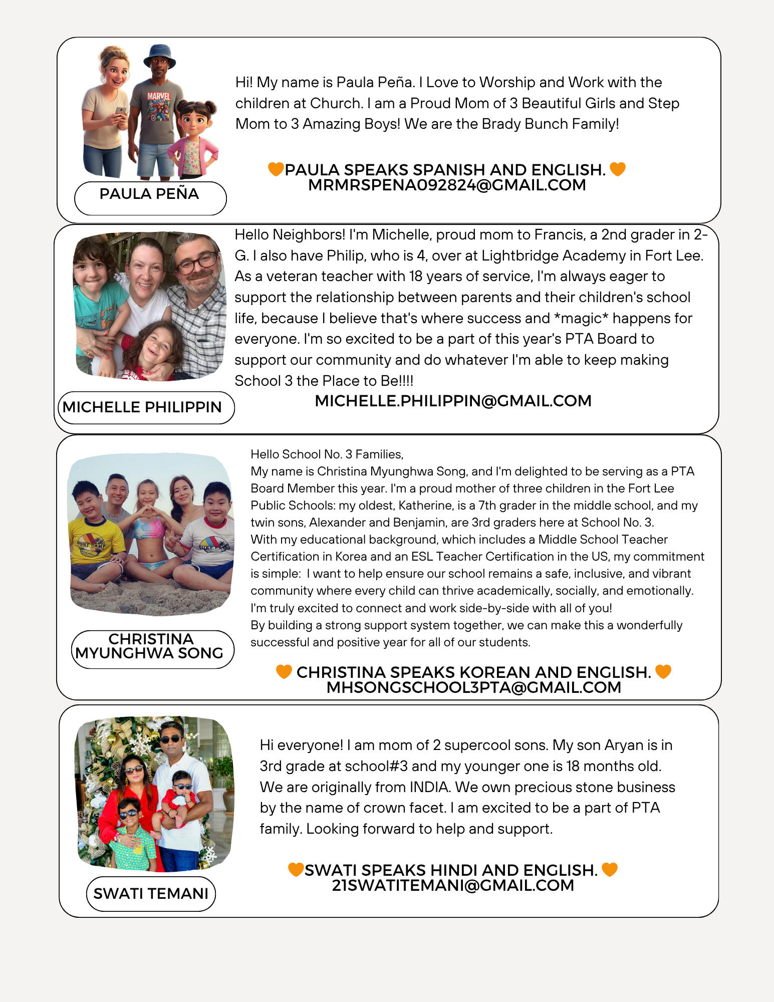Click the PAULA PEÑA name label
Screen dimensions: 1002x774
coord(149,194)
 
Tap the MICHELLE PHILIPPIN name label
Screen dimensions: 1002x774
coord(142,407)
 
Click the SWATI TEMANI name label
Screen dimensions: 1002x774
coord(151,894)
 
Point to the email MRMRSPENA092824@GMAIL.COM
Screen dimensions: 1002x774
coord(447,185)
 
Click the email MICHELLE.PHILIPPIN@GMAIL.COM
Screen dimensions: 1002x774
coord(453,401)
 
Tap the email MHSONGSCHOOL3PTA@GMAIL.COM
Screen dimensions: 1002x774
coord(473,687)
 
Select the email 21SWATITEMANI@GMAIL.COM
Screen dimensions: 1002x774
coord(453,885)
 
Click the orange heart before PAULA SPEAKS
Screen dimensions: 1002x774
coord(276,169)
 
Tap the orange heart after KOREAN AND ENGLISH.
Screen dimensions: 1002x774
coord(663,671)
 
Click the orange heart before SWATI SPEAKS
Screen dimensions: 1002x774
coord(296,870)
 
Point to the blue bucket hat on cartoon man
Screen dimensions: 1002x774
coord(159,55)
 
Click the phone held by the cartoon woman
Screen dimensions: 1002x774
coord(121,111)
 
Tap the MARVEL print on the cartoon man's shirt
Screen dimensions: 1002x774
coord(159,96)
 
